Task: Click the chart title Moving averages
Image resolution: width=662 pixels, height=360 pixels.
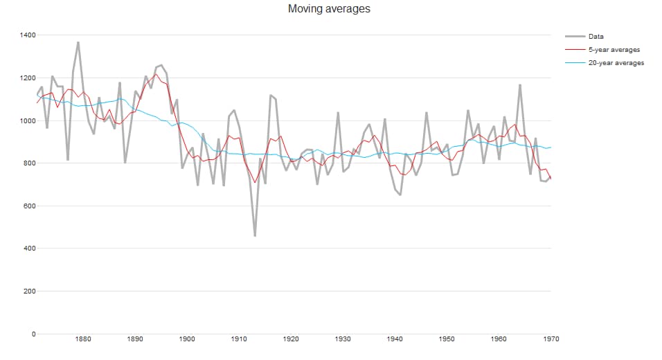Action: pos(330,9)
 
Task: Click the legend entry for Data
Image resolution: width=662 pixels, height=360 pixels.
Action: pos(596,36)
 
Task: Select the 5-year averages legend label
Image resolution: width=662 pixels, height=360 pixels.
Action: pos(614,50)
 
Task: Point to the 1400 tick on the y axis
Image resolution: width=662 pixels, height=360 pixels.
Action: pos(28,35)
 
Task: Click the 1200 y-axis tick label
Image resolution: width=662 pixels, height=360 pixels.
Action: pos(28,78)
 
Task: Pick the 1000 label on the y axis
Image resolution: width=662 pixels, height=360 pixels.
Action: pos(28,120)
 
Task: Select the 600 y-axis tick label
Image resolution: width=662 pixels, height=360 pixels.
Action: pos(30,206)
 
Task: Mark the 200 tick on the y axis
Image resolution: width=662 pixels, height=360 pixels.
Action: pos(30,291)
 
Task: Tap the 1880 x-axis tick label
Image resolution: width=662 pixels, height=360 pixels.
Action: pos(83,339)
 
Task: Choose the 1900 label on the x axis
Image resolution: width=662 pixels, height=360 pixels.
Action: pos(187,339)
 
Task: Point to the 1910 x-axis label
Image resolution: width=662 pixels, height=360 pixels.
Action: pos(239,339)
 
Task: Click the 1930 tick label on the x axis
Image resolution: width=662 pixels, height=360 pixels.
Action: pos(343,339)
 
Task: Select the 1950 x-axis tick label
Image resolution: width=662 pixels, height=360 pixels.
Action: pos(447,339)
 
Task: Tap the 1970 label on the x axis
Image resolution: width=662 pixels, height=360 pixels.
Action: pos(551,339)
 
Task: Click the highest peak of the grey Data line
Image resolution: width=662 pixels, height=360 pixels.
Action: pos(78,42)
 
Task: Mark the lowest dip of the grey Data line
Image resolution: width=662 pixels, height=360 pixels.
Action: pos(255,236)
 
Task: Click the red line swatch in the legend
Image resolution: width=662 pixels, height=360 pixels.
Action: pos(574,50)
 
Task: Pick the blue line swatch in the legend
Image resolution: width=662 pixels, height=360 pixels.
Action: pos(574,63)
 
